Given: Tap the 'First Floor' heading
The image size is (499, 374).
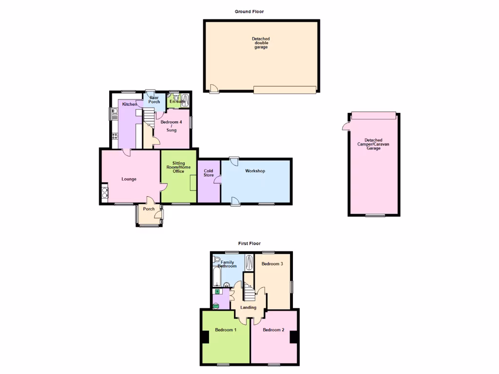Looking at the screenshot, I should click(x=249, y=243).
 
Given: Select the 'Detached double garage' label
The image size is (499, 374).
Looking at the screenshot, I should click(x=261, y=43).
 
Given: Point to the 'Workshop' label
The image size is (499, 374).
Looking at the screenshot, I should click(x=255, y=171).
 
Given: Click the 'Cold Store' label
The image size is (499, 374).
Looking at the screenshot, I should click(x=209, y=173).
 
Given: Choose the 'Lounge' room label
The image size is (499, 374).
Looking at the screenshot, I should click(x=129, y=179).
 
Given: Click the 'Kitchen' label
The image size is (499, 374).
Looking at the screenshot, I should click(x=130, y=104).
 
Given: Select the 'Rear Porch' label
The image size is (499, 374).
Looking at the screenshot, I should click(x=154, y=99).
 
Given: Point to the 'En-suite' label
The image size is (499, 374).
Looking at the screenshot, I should click(x=177, y=101).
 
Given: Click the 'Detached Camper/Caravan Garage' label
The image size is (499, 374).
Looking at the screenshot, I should click(x=374, y=144).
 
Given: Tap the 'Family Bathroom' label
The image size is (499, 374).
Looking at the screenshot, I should click(x=227, y=264).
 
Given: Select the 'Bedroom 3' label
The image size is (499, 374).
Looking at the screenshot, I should click(x=272, y=264).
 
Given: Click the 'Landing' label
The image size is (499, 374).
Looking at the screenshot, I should click(x=249, y=307).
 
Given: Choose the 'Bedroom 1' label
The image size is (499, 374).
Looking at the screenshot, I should click(x=226, y=330).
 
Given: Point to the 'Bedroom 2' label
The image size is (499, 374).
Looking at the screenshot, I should click(x=273, y=330).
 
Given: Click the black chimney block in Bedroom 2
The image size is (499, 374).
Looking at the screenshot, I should click(x=294, y=337).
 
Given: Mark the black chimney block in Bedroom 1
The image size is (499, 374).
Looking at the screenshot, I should click(x=205, y=337).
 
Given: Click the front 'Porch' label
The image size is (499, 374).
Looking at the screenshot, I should click(x=149, y=209).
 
